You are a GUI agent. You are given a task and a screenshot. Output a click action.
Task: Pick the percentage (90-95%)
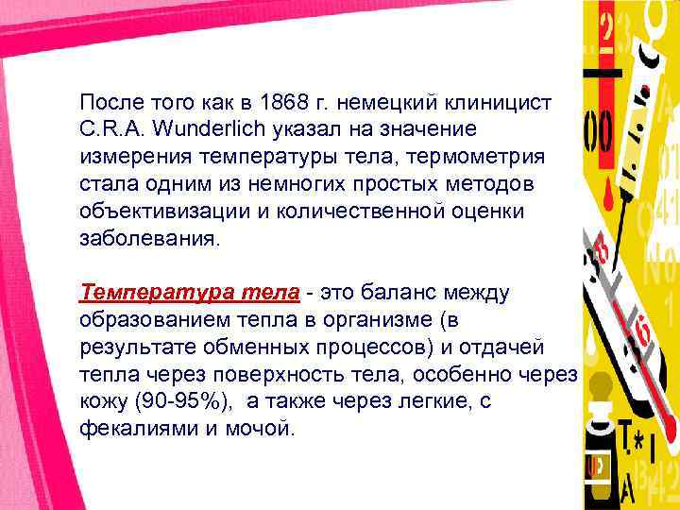[x=178, y=400]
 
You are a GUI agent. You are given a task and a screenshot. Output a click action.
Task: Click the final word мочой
[x=264, y=428]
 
